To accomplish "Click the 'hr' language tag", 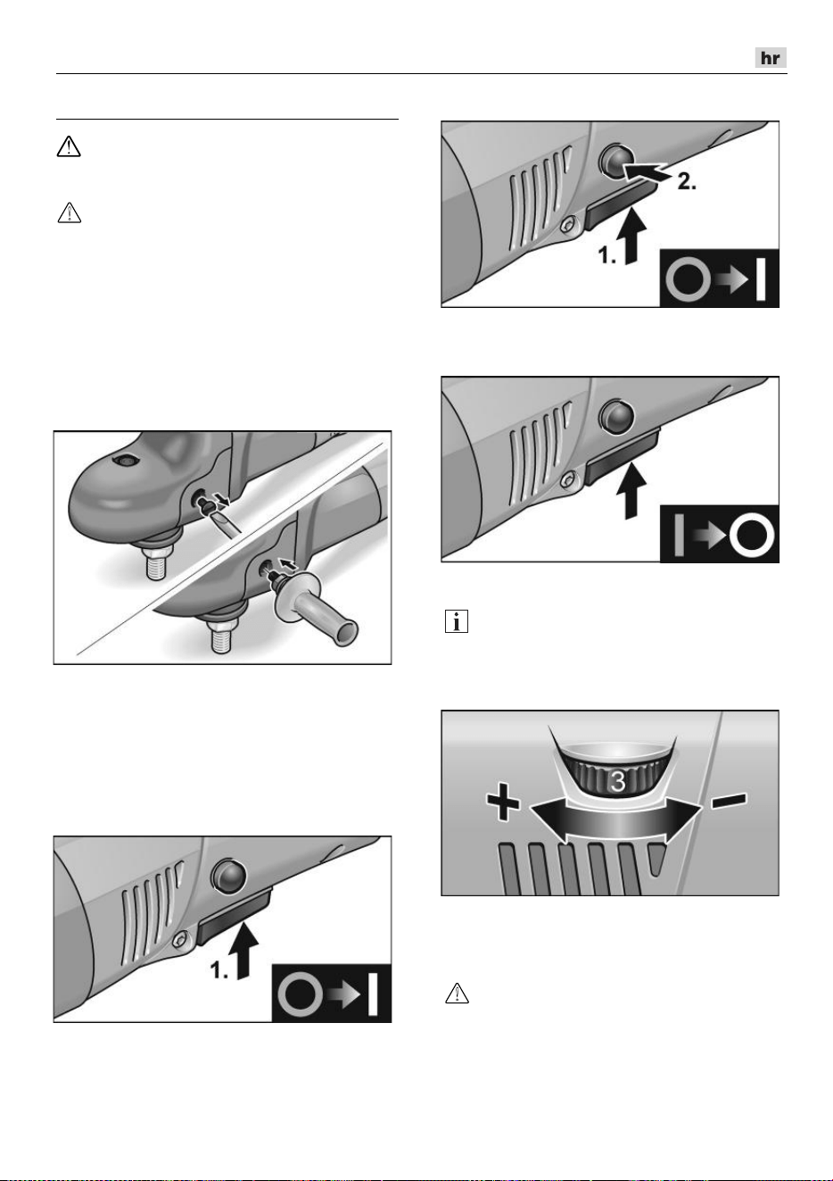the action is [771, 57].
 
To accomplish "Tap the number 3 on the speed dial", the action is [617, 781].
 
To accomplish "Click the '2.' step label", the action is [687, 182].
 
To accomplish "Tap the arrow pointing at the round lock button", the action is [644, 172].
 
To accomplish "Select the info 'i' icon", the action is [457, 621].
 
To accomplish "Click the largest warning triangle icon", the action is [69, 146].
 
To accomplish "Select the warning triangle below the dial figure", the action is [457, 993].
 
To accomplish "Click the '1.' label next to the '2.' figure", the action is [607, 255].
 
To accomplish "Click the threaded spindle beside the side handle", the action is [222, 635].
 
